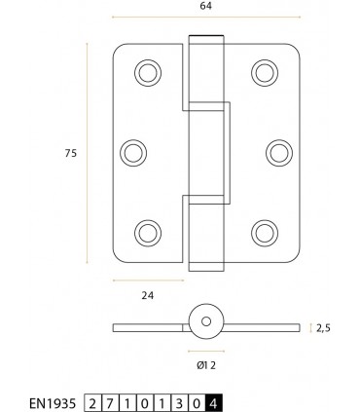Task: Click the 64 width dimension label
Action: [205, 6]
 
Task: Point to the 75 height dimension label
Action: [71, 152]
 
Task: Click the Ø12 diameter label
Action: [204, 365]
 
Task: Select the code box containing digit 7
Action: [111, 401]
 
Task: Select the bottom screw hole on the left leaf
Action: [147, 231]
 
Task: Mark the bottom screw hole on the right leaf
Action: [263, 231]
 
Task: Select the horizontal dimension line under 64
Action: [204, 19]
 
